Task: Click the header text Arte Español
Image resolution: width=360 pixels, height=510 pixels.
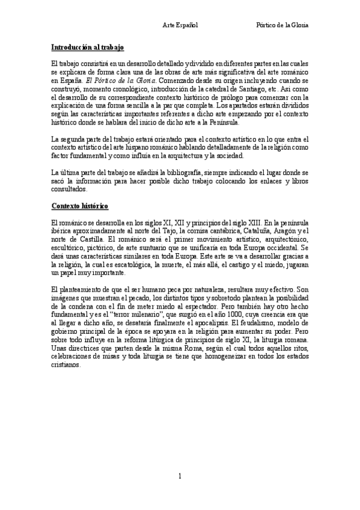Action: [181, 26]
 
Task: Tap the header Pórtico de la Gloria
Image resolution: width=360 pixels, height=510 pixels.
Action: [282, 26]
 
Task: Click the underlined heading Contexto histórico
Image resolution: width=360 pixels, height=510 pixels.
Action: [80, 207]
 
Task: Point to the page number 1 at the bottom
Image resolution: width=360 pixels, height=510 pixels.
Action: [180, 477]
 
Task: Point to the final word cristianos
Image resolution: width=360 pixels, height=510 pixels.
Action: [66, 364]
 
